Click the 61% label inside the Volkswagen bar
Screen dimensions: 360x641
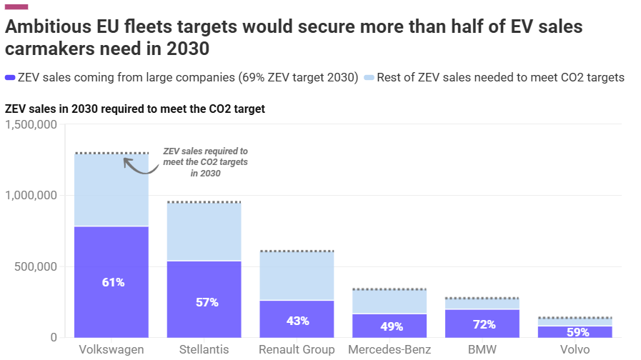[113, 282]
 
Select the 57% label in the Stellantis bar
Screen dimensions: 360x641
[207, 302]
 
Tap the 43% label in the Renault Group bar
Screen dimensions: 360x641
[297, 321]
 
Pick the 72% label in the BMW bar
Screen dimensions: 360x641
[484, 324]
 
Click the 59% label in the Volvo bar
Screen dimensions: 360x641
[577, 332]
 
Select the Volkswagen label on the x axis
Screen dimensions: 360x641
[111, 349]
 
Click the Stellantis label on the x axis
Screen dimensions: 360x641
[204, 349]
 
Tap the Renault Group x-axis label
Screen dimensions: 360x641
[297, 349]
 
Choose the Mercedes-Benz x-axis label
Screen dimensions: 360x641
[390, 349]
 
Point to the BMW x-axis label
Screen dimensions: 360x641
[483, 349]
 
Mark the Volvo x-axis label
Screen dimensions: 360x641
[576, 349]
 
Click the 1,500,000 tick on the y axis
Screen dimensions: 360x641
[31, 125]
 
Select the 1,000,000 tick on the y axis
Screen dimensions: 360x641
[31, 196]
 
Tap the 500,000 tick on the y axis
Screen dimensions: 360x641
[36, 267]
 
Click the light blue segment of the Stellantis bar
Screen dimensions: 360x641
[204, 232]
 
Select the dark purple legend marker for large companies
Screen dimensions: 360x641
[10, 77]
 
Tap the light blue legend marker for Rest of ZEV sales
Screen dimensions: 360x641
[369, 77]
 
